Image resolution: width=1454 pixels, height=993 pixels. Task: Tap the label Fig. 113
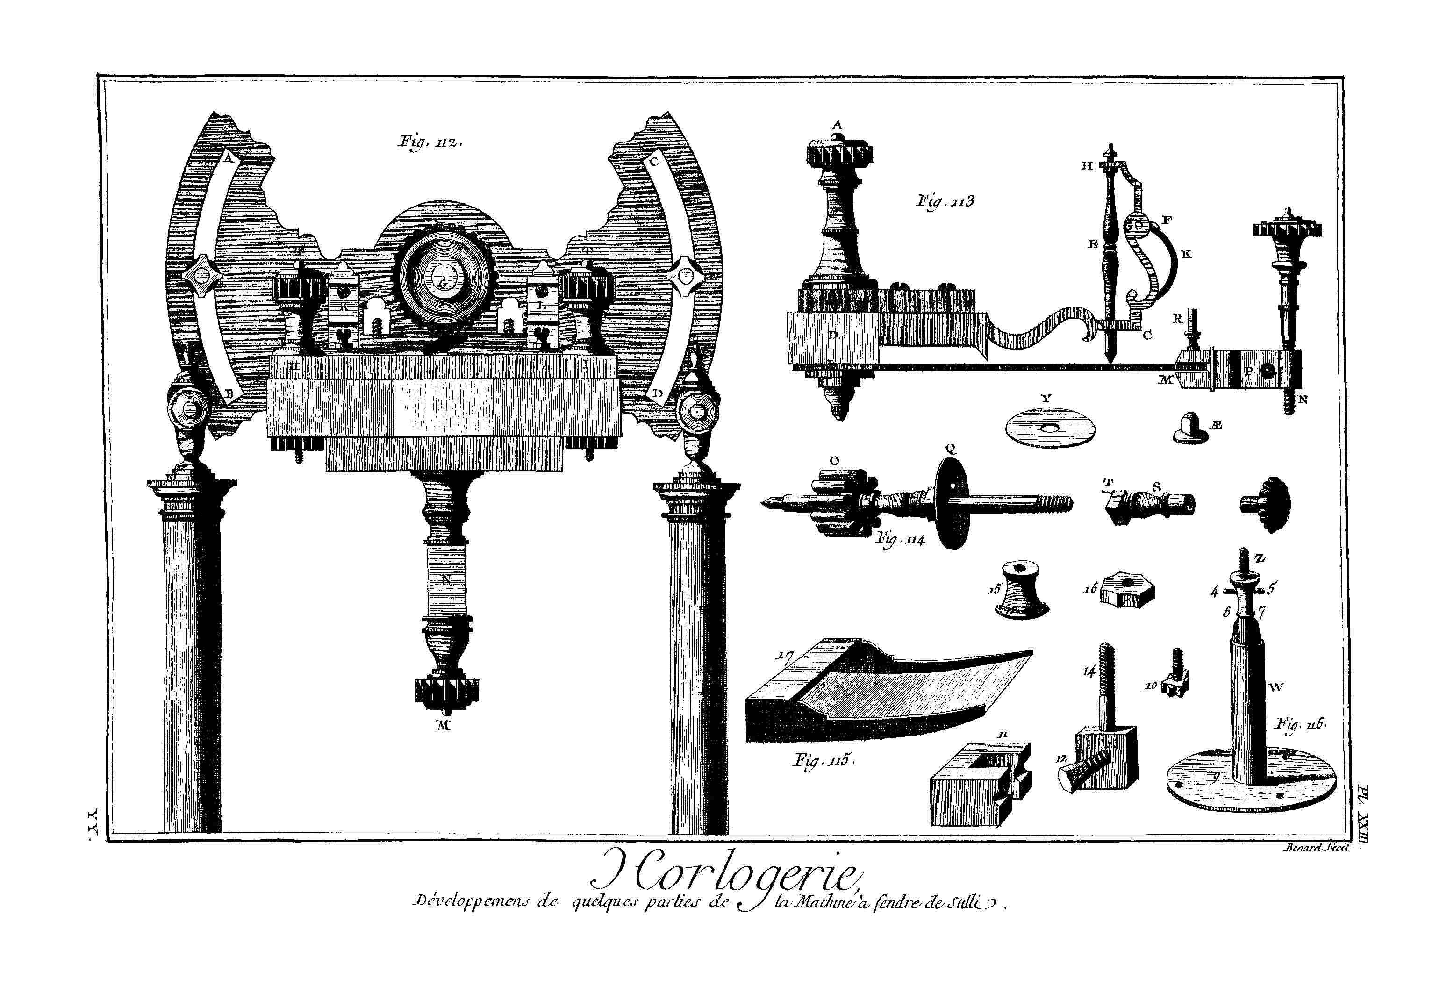coord(945,202)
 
